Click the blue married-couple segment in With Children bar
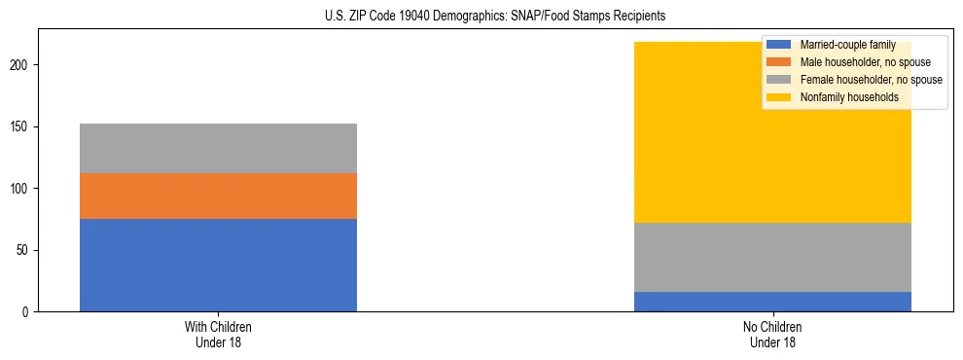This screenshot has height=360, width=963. coord(218,265)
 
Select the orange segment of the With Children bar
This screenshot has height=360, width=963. coord(218,196)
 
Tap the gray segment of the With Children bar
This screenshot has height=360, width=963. coord(218,148)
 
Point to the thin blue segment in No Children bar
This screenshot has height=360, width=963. coord(772,302)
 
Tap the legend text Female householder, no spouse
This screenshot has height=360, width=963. coord(871,80)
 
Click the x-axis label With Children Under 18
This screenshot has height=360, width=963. coord(218,335)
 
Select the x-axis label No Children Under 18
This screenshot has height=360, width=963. coord(772,335)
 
